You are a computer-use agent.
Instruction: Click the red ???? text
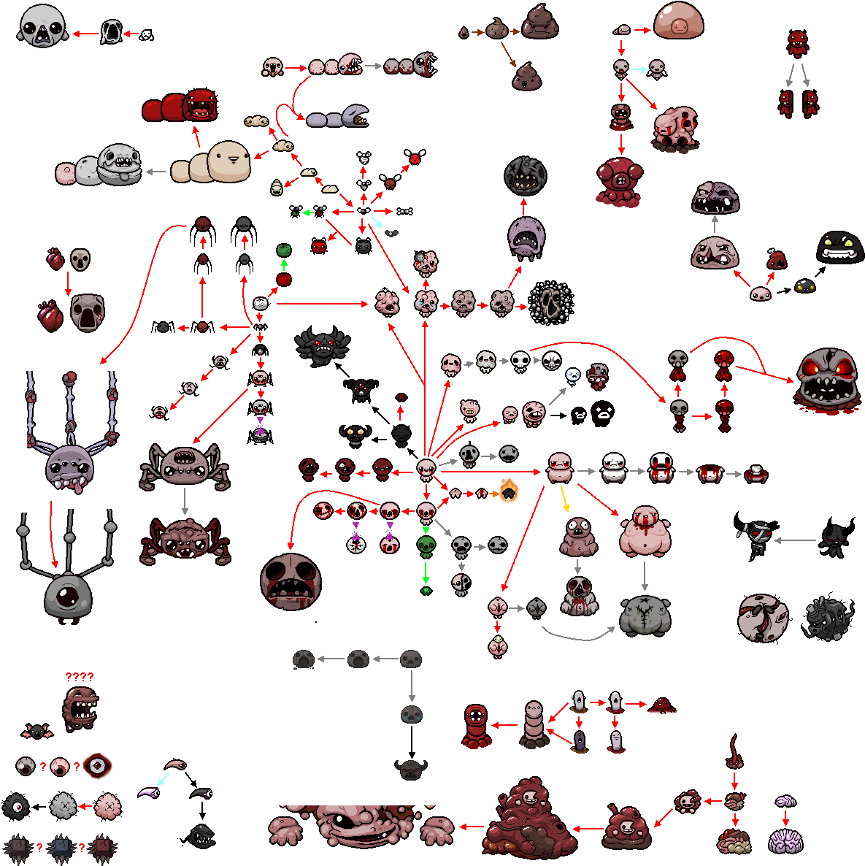pos(80,677)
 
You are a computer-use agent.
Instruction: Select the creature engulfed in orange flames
pos(508,491)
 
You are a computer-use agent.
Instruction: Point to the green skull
pos(426,545)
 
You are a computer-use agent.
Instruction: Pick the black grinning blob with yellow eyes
pos(841,247)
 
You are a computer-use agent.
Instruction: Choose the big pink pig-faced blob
pos(678,20)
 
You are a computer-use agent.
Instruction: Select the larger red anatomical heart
pos(50,315)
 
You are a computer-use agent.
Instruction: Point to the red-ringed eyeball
pos(97,766)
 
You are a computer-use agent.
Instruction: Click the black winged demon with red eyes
pos(321,345)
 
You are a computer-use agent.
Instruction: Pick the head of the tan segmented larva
pos(229,161)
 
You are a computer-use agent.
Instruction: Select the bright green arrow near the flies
pos(308,212)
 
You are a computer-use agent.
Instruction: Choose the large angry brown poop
pos(539,22)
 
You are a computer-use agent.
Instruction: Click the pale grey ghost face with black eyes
pos(42,26)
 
